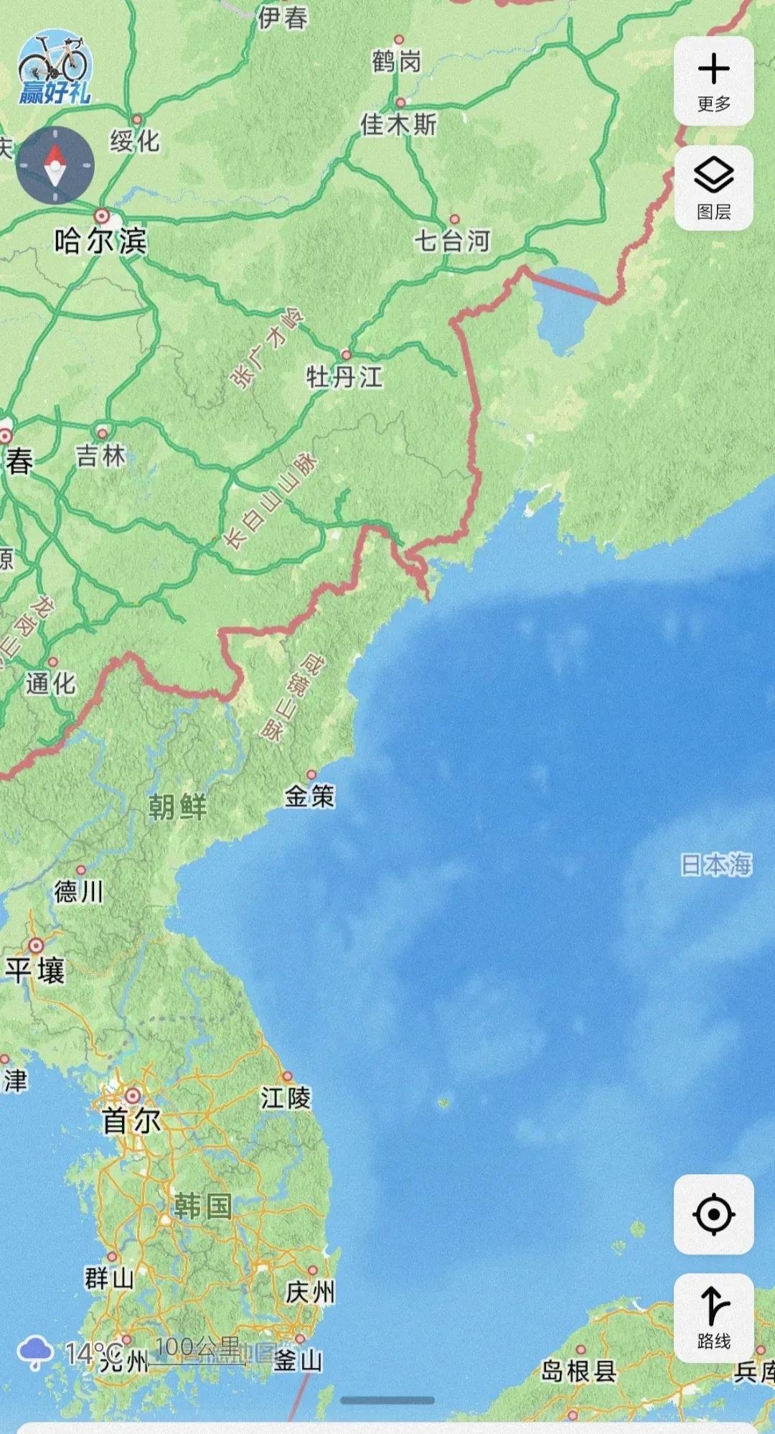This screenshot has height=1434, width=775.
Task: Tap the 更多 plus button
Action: (713, 81)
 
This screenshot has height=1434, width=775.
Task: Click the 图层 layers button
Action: (713, 187)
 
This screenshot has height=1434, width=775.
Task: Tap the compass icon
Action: (55, 164)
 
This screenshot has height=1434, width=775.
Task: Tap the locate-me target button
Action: (713, 1214)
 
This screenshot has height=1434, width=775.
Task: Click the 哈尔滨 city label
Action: (100, 241)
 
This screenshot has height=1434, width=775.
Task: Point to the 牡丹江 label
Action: (344, 376)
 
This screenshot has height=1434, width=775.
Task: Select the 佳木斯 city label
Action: (398, 125)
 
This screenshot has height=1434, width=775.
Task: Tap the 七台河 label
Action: (452, 241)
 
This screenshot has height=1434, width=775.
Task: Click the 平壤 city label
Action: (35, 970)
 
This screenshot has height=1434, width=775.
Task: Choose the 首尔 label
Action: (131, 1121)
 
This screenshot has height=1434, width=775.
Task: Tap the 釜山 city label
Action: (298, 1360)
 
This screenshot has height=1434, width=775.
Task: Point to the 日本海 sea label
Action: (716, 865)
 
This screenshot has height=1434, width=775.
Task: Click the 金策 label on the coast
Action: (310, 796)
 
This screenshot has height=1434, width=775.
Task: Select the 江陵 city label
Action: (286, 1098)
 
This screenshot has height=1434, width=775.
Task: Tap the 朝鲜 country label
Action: (177, 807)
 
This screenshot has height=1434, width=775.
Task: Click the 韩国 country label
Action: (202, 1206)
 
